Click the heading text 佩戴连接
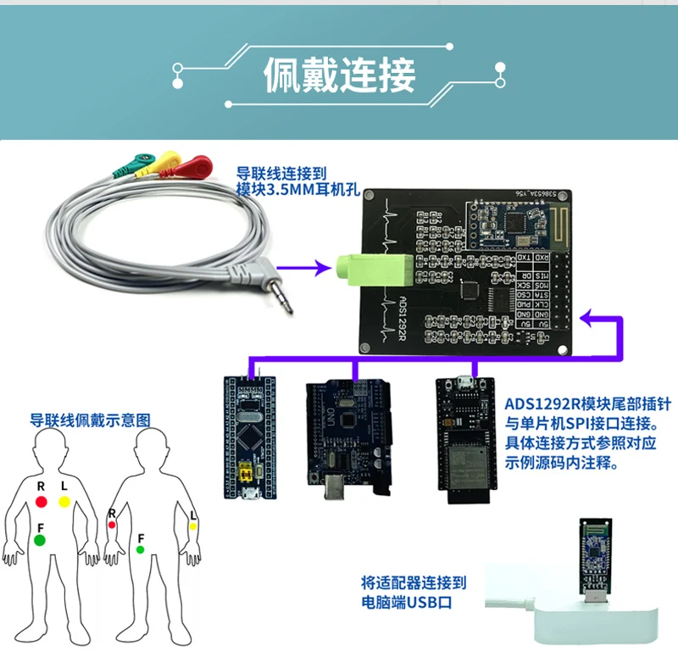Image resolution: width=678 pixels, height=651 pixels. click(x=339, y=75)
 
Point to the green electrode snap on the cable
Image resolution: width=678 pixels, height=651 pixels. click(x=140, y=161)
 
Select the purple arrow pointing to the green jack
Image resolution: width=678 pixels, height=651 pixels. click(x=314, y=269)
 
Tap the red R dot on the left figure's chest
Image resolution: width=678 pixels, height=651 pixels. click(x=41, y=503)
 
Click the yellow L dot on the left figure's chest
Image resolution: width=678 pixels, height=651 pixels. click(x=64, y=503)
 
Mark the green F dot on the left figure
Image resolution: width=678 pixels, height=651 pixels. click(x=40, y=539)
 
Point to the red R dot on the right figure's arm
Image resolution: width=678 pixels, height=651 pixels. click(x=111, y=525)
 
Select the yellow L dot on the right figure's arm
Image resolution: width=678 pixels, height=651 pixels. click(x=193, y=526)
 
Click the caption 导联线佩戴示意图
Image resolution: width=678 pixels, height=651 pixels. click(x=90, y=419)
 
